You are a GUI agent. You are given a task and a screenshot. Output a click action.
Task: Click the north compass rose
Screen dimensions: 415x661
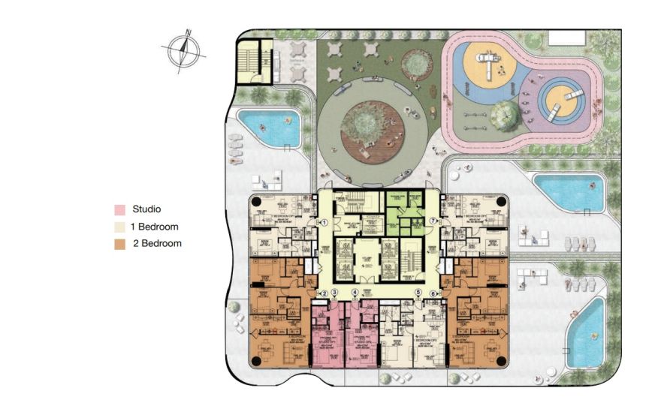[183, 50]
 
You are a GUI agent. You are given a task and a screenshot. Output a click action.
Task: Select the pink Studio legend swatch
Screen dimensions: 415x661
[119, 210]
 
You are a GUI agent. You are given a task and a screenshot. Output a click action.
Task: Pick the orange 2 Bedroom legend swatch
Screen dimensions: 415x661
[119, 244]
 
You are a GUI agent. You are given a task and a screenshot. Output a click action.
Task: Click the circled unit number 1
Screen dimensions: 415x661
[324, 222]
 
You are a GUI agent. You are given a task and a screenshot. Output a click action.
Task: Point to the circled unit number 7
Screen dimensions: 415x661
[433, 222]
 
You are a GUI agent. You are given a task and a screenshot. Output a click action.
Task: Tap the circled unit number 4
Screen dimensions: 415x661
[355, 293]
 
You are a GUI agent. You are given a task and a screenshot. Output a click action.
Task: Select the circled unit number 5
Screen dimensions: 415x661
[418, 293]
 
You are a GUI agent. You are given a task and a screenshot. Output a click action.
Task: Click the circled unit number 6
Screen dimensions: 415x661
[433, 293]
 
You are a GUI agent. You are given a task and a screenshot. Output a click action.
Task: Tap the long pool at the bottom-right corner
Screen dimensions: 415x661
[585, 330]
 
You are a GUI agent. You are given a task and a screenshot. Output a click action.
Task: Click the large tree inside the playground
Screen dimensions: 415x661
[506, 115]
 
